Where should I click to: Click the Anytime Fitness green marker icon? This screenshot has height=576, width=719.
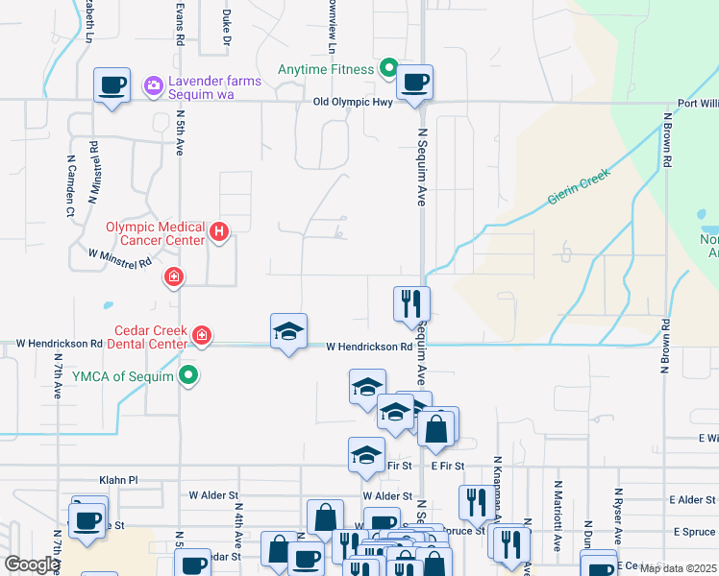click(388, 68)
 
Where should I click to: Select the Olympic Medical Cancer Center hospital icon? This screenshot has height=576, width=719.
click(219, 232)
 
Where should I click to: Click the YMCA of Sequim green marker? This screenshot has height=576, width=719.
click(190, 375)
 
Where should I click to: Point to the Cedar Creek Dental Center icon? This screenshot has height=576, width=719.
click(202, 335)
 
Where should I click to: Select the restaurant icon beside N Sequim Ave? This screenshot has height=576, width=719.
click(411, 304)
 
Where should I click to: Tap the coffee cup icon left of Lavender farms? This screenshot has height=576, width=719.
click(112, 85)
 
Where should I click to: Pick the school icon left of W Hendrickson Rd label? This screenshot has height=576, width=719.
click(288, 332)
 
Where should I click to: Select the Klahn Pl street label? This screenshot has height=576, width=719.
click(119, 479)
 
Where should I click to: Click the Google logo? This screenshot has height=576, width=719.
click(32, 564)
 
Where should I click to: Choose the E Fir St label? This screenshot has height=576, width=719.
click(448, 466)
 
